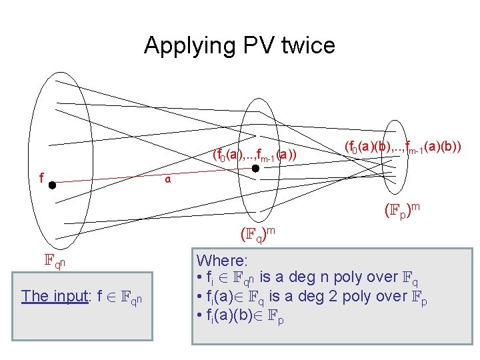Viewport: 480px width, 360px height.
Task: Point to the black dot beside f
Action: click(x=52, y=186)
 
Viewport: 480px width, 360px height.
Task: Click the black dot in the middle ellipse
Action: click(x=255, y=169)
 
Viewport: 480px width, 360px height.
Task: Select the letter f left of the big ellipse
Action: click(x=41, y=178)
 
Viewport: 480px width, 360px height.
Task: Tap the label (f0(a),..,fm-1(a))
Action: click(x=254, y=155)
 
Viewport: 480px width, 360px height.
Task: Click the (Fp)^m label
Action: click(x=402, y=211)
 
